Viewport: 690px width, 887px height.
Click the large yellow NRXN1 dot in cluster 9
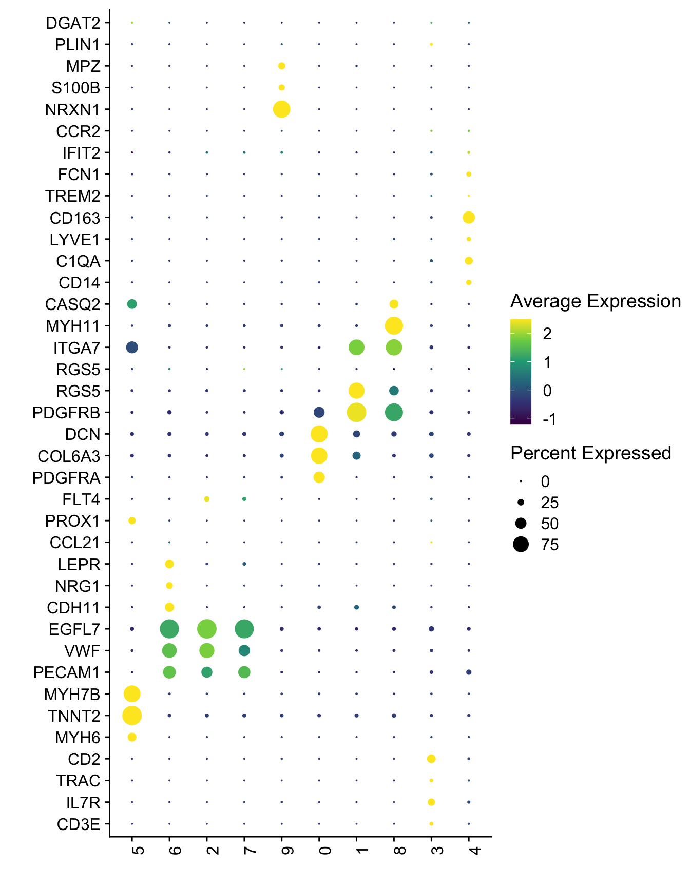point(281,109)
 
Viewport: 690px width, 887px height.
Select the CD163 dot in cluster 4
point(468,218)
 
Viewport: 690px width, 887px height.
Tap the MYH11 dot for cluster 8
point(394,325)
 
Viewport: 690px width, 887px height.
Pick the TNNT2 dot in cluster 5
point(132,715)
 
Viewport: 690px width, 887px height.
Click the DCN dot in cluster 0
point(319,434)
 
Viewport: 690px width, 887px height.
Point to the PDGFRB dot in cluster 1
point(356,412)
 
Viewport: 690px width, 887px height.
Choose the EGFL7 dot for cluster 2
point(207,629)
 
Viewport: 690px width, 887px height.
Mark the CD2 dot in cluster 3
point(431,759)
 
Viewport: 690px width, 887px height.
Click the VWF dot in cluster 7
point(244,650)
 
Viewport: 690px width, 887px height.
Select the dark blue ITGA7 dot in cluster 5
point(132,348)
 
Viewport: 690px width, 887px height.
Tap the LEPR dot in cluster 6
point(169,564)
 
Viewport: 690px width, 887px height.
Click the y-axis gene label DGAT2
point(73,23)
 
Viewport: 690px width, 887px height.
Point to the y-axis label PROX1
point(72,521)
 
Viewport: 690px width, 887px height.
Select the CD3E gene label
point(79,824)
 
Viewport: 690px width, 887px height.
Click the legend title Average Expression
point(596,301)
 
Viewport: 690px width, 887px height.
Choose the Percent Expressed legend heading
point(591,453)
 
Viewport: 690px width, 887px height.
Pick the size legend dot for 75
point(521,544)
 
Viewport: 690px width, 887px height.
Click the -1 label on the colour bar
point(549,419)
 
